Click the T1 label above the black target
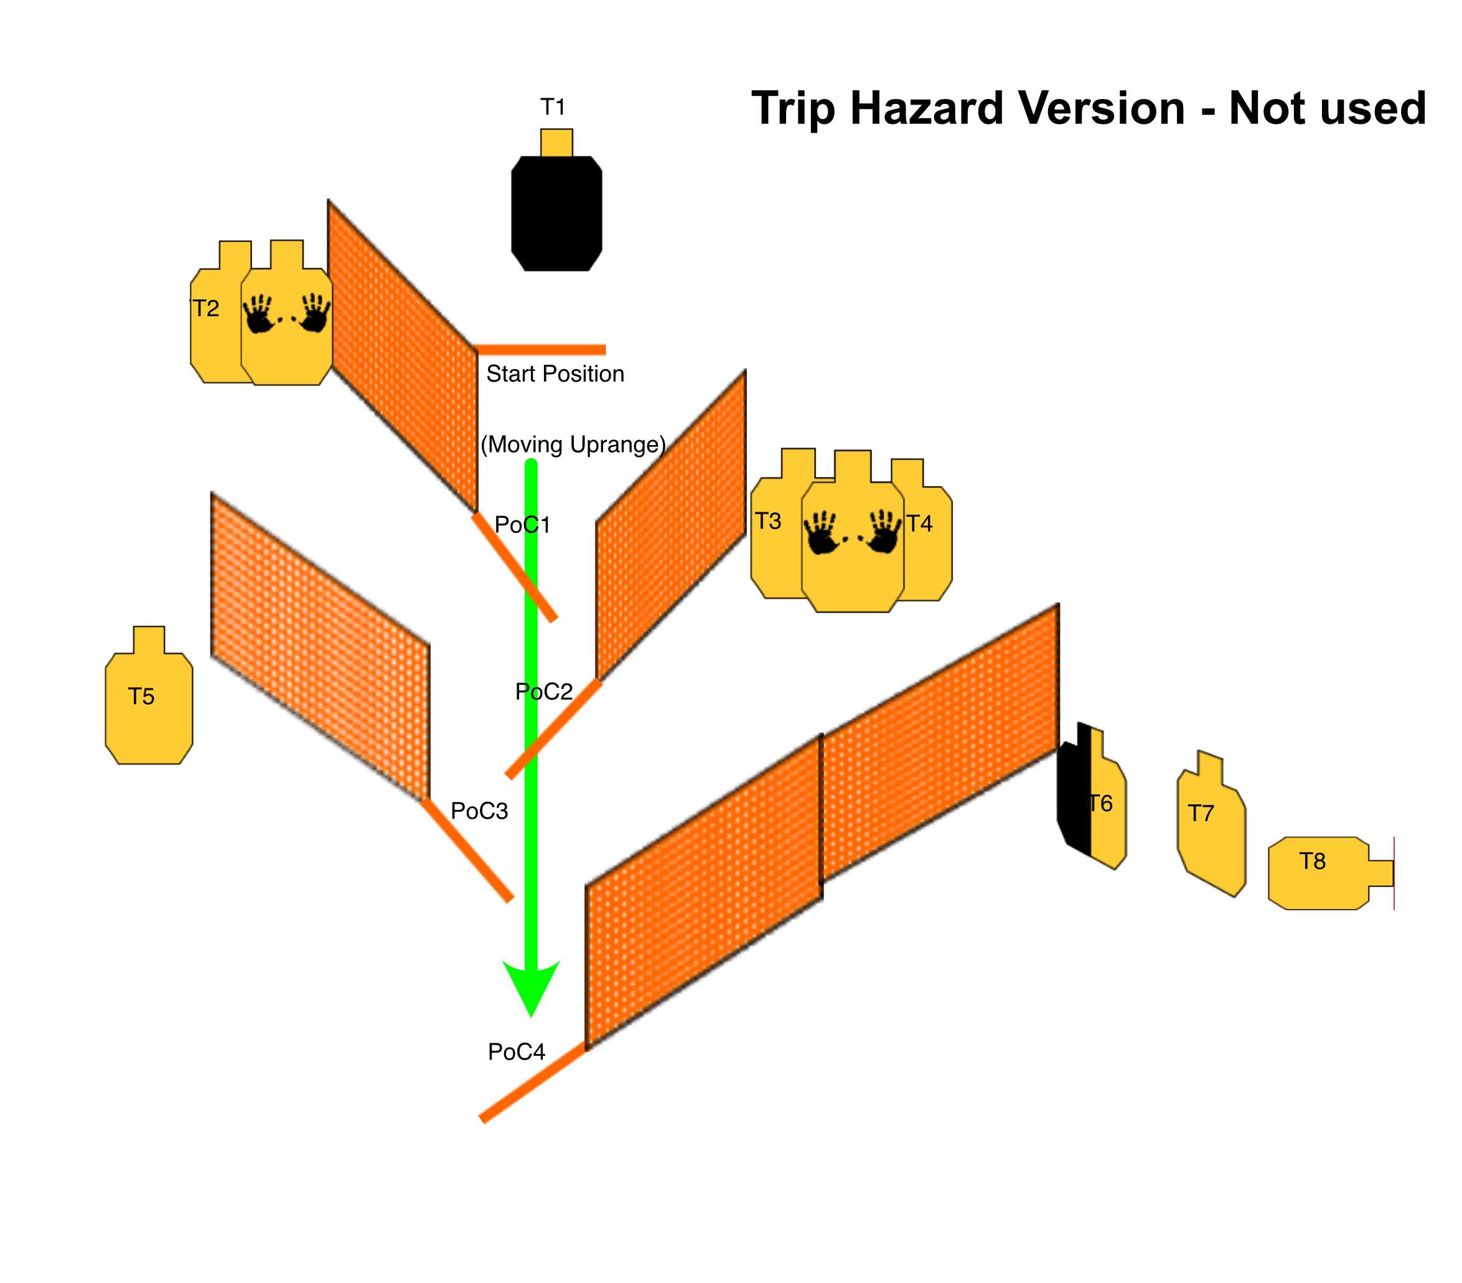pos(553,107)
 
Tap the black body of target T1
pos(556,214)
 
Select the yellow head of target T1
pos(556,143)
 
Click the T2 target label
pos(206,308)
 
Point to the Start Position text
pos(555,374)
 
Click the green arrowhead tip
pos(531,1016)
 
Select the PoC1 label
pos(523,525)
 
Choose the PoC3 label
pos(479,811)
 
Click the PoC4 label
pos(517,1052)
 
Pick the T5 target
pos(149,695)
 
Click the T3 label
pos(768,521)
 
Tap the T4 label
pos(920,524)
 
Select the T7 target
pos(1212,823)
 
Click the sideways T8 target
pos(1331,873)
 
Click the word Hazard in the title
pos(1018,109)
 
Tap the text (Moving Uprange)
pos(573,444)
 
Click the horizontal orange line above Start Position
pos(541,350)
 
